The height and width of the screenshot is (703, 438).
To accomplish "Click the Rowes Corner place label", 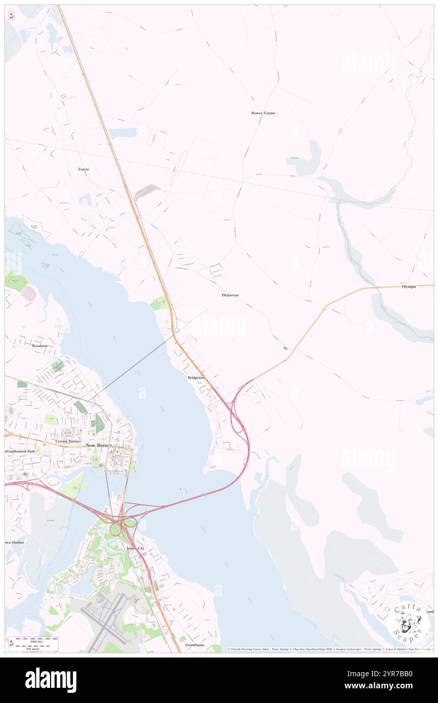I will pos(263,113).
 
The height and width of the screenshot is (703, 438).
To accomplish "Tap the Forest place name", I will pos(83,169).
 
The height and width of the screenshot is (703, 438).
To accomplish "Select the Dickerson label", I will pos(230,295).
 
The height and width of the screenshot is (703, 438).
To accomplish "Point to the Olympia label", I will pos(409,287).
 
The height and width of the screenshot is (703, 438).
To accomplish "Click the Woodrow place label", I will pos(39,346).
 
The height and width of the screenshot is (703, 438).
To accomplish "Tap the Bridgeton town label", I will pos(196,378).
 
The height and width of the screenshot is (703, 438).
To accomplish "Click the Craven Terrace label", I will pos(68,442).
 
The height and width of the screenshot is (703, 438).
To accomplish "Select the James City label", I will pos(135,548).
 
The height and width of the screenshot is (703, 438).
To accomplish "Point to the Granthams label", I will pos(195,645).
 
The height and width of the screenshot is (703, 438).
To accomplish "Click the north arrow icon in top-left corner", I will pos(11,16).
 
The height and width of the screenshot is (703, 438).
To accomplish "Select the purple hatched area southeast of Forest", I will pos(147,193).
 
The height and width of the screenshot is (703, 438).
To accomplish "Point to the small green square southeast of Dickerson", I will pos(285,348).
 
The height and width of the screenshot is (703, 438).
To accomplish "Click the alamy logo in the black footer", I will pos(51,680).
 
